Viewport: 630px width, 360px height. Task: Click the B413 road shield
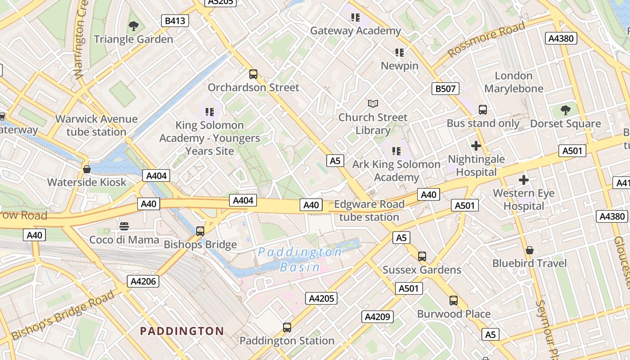pos(175,21)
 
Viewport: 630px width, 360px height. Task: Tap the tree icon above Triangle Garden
pos(134,26)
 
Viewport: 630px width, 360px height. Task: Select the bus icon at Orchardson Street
pos(253,74)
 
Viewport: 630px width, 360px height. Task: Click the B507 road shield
pos(445,89)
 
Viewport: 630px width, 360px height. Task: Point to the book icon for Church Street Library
pos(373,104)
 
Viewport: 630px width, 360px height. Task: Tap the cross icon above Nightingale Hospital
pos(476,146)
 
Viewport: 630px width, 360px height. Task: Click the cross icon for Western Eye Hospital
pos(524,180)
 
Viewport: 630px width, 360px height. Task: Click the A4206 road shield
pos(144,282)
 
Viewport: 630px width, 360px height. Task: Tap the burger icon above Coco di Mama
pos(125,226)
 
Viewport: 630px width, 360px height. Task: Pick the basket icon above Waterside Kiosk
pos(87,169)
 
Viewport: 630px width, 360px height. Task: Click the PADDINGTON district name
pos(182,331)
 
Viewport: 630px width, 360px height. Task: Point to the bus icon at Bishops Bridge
pos(200,231)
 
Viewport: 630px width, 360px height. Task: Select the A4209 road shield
pos(377,317)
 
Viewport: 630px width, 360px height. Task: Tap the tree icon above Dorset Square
pos(566,110)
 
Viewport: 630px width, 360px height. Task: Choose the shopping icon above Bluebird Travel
pos(530,250)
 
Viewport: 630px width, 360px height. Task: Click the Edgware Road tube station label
pos(369,211)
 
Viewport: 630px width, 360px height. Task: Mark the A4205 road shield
pos(321,298)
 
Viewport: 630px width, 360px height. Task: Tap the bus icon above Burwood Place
pos(454,301)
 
